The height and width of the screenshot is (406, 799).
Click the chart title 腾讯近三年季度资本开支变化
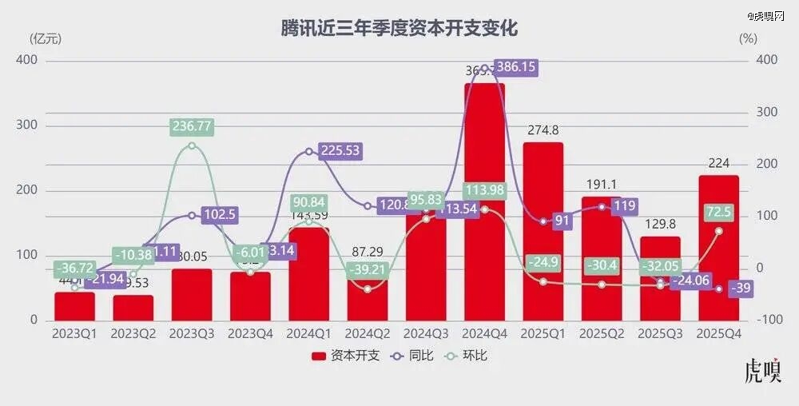pyautogui.click(x=399, y=29)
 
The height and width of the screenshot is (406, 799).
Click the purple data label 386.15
pyautogui.click(x=516, y=68)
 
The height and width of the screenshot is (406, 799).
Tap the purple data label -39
pyautogui.click(x=740, y=289)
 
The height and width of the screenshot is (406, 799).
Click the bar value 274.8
pyautogui.click(x=543, y=130)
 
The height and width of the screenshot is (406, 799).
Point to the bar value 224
pyautogui.click(x=718, y=163)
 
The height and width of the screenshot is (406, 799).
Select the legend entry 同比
pyautogui.click(x=413, y=356)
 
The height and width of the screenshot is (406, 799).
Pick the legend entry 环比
pyautogui.click(x=468, y=356)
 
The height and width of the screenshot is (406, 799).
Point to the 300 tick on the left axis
pyautogui.click(x=27, y=126)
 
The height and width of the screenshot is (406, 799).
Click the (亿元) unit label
pyautogui.click(x=45, y=38)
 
